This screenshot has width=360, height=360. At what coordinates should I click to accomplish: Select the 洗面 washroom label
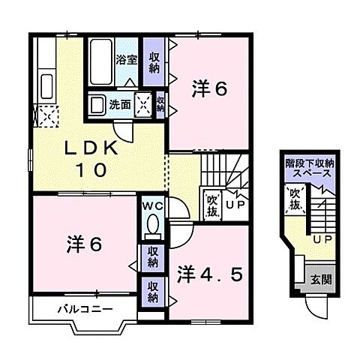tap(119, 103)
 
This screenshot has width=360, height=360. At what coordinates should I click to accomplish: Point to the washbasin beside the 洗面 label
tap(97, 103)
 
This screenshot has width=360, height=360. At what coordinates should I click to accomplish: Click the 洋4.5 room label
tap(209, 274)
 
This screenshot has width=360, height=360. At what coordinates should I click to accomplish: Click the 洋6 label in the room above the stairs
tap(211, 88)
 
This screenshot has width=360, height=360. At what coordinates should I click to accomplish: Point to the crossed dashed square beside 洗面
tap(142, 103)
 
